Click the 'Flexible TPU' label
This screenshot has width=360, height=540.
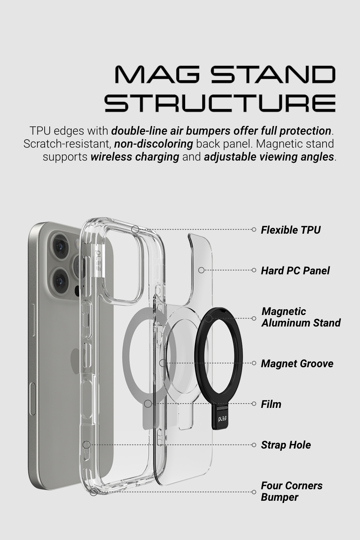click(291, 230)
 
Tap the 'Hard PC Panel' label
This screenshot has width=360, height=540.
click(295, 270)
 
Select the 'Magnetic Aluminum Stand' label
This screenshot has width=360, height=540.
click(301, 317)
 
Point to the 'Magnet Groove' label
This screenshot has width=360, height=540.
click(297, 363)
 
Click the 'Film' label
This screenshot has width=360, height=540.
click(271, 404)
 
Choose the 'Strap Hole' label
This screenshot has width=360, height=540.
click(286, 445)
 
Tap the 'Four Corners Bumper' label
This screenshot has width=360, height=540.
click(291, 491)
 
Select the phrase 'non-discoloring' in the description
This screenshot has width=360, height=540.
click(154, 144)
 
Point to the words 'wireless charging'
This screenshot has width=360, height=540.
click(135, 157)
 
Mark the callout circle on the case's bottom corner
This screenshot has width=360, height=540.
click(94, 492)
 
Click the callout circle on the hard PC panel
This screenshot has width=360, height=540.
click(201, 270)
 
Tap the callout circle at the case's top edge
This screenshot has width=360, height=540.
click(135, 229)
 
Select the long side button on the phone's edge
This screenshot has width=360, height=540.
click(33, 400)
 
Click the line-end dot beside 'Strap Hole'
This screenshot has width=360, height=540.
click(254, 445)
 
